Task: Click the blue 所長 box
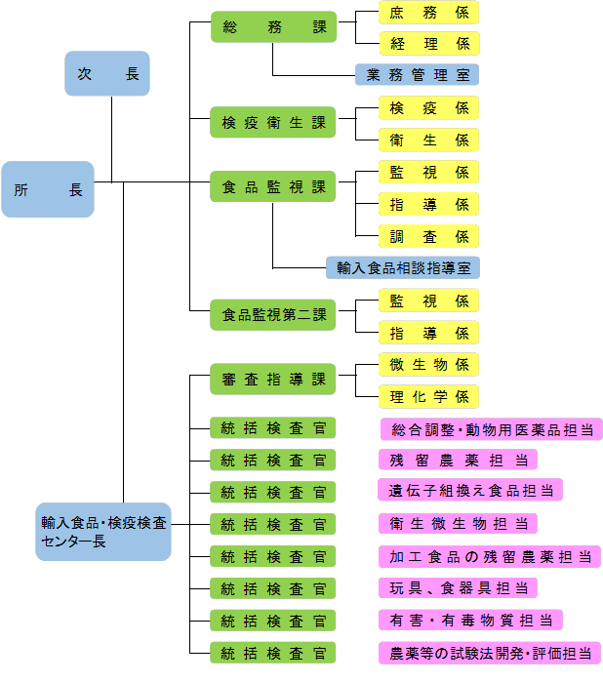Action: coord(48,189)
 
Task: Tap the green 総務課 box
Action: coord(273,28)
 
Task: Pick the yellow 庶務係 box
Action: coord(428,13)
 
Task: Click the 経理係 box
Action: coord(428,43)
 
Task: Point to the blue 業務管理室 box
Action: coord(417,74)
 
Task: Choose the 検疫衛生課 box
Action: coord(273,123)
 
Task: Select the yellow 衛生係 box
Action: coord(428,140)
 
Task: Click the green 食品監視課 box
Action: coord(273,187)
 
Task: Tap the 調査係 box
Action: coord(428,235)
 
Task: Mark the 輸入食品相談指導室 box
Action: coord(402,266)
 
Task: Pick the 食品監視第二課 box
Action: coord(273,315)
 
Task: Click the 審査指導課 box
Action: coord(273,380)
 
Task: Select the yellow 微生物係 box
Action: coord(428,364)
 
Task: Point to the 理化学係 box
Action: coord(428,396)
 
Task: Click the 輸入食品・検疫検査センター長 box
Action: coord(103,532)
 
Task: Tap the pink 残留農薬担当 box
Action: coord(457,460)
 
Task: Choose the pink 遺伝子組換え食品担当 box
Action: coord(469,491)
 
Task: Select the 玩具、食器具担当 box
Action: coord(457,587)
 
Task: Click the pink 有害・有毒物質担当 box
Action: coord(469,620)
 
